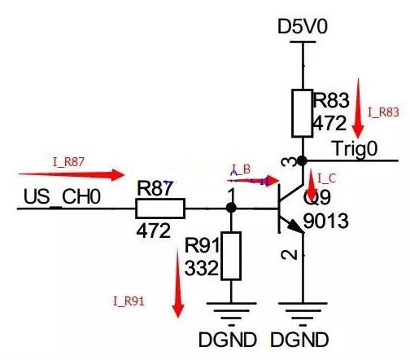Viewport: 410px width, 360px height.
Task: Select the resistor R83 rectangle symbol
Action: [x=303, y=114]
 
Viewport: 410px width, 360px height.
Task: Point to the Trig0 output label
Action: [x=355, y=148]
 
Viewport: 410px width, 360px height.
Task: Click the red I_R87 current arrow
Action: [x=71, y=173]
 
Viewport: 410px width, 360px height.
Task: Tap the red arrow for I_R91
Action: [x=177, y=282]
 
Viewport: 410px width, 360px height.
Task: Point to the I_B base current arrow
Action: [x=248, y=181]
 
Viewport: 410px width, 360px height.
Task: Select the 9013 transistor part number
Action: [x=325, y=221]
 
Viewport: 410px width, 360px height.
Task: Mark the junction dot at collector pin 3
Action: [x=303, y=160]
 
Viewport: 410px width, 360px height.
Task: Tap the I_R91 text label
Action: [x=129, y=301]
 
